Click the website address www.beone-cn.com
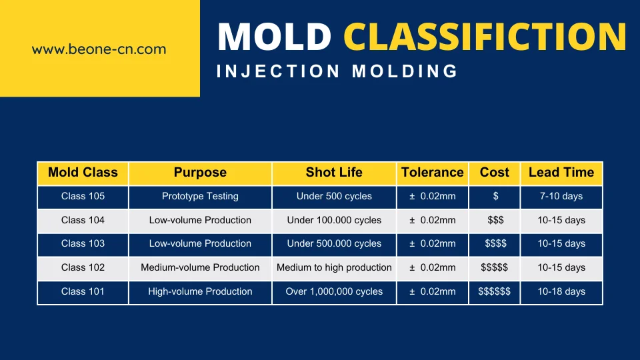(x=99, y=49)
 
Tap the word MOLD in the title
(x=274, y=36)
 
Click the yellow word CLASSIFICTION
(x=485, y=36)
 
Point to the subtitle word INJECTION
(x=278, y=71)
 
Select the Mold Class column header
(x=83, y=172)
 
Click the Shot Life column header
(x=334, y=172)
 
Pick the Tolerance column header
(x=432, y=172)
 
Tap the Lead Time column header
(x=561, y=172)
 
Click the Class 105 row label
(x=83, y=196)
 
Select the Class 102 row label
(x=83, y=267)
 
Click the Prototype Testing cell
(x=200, y=196)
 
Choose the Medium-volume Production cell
(x=200, y=267)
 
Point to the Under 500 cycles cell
(x=334, y=196)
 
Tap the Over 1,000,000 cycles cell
(x=334, y=291)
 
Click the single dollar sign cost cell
(x=495, y=196)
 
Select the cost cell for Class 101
(x=494, y=291)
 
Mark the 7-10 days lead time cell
(x=561, y=196)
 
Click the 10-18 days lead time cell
(x=561, y=291)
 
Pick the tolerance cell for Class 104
(x=432, y=220)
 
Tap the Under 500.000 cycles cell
(x=334, y=244)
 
